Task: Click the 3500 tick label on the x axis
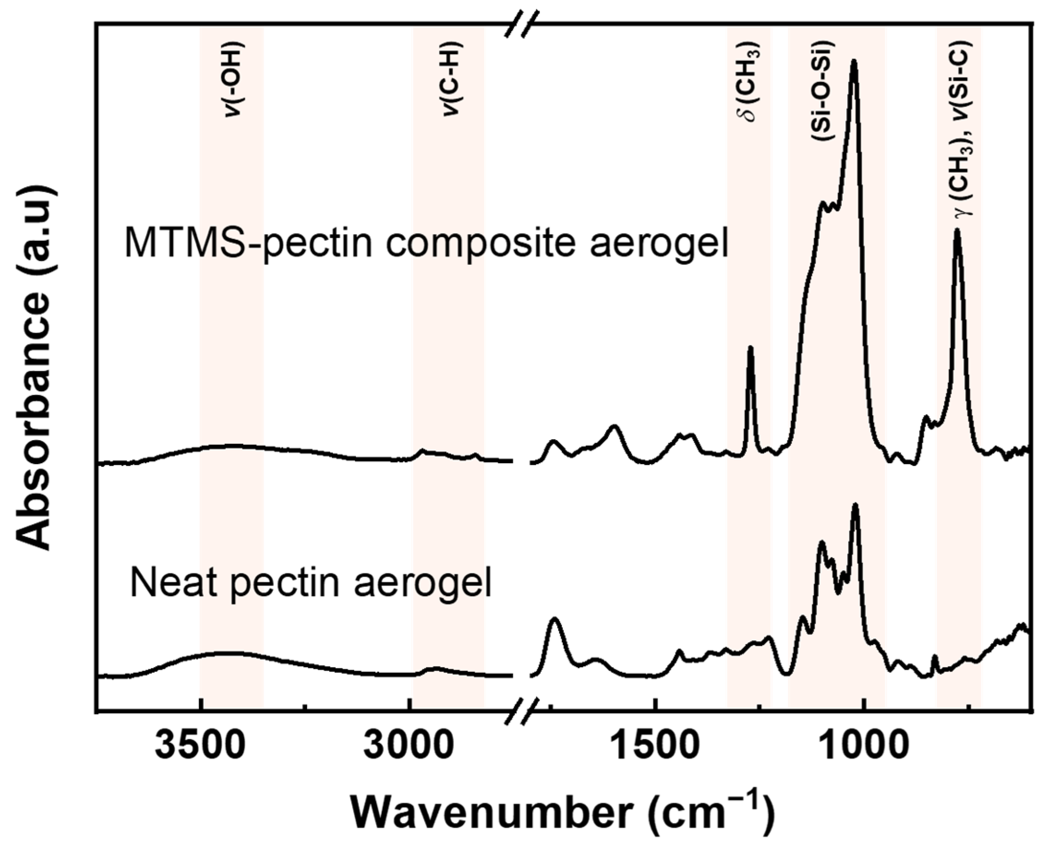coord(201,748)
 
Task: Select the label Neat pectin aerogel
coord(311,584)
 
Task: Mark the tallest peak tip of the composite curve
coord(854,61)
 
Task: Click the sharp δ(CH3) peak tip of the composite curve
coord(751,347)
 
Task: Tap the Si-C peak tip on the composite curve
coord(957,231)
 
